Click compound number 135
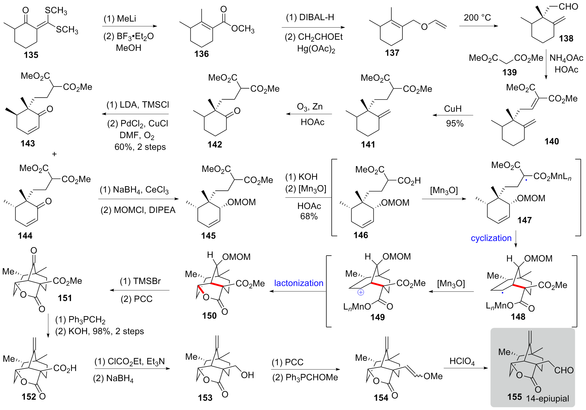[x=31, y=55]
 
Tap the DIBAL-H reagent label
[x=310, y=17]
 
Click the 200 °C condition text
[x=477, y=18]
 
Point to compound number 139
[x=509, y=72]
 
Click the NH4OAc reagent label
[x=566, y=58]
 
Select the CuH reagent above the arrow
[x=453, y=109]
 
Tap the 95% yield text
[x=455, y=123]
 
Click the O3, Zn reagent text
[x=310, y=107]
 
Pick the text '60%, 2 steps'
[x=140, y=147]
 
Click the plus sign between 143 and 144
[x=54, y=154]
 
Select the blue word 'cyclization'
[x=491, y=238]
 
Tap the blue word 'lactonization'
[x=299, y=283]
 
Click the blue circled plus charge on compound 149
[x=361, y=292]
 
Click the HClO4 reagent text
[x=462, y=361]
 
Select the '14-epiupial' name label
[x=547, y=399]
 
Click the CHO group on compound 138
[x=568, y=7]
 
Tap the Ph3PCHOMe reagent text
[x=305, y=378]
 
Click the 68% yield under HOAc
[x=309, y=216]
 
